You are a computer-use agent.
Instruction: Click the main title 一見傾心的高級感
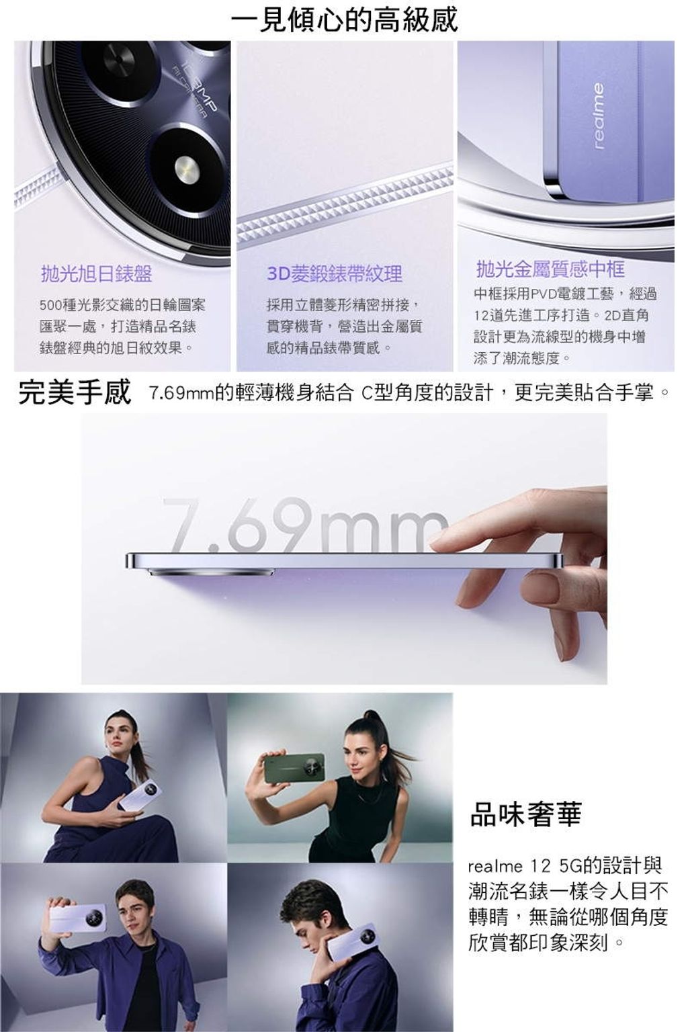pos(344,19)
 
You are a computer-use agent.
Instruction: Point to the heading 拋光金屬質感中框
pos(551,269)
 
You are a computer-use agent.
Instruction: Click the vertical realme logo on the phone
pos(598,116)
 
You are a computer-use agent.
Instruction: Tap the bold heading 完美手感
pos(74,392)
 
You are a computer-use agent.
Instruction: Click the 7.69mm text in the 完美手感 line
pos(181,394)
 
